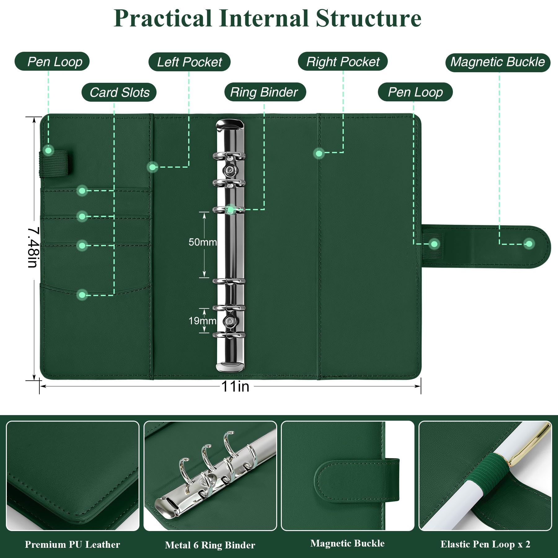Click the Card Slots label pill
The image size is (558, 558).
click(119, 92)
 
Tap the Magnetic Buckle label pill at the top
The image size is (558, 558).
click(498, 62)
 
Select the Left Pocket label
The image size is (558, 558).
click(189, 62)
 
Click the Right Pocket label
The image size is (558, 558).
click(343, 61)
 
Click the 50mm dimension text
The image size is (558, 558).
click(202, 242)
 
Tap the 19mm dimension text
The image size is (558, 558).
click(202, 321)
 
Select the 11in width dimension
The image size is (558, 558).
click(235, 387)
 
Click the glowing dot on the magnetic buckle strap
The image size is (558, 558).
click(529, 244)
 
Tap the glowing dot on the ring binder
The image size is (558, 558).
click(230, 210)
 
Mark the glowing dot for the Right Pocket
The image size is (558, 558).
click(319, 153)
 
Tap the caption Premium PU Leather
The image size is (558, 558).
click(72, 544)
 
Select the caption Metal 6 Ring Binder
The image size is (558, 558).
click(210, 545)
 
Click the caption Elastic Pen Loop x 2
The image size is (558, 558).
click(485, 544)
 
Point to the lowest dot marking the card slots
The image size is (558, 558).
click(82, 294)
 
